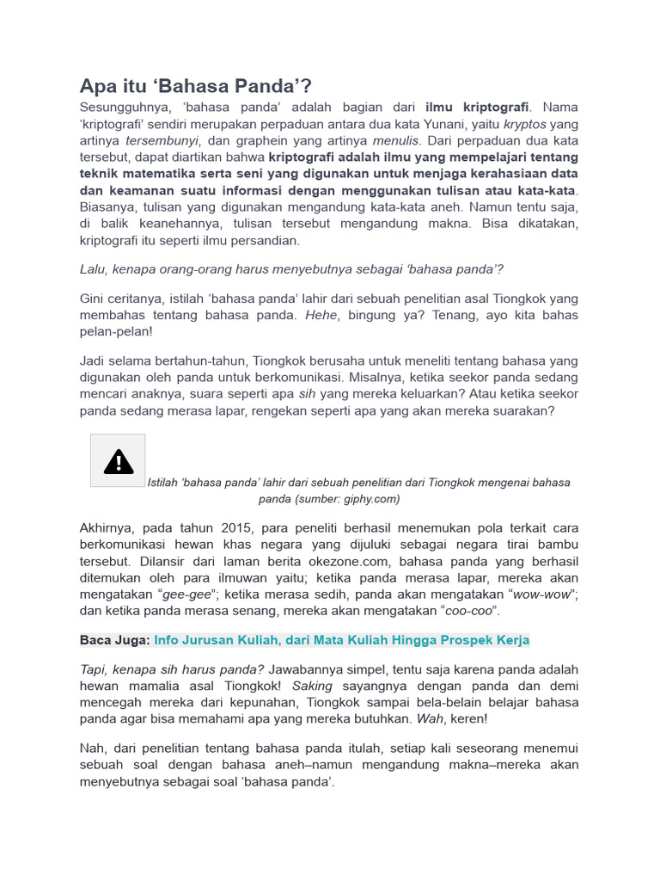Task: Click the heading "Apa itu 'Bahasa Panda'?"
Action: click(x=195, y=86)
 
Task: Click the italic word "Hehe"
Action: click(x=321, y=315)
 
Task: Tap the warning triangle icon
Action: click(x=118, y=461)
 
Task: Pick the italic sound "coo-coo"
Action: click(x=471, y=611)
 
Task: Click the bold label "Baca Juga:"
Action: click(x=115, y=640)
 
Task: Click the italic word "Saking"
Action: click(x=310, y=687)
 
